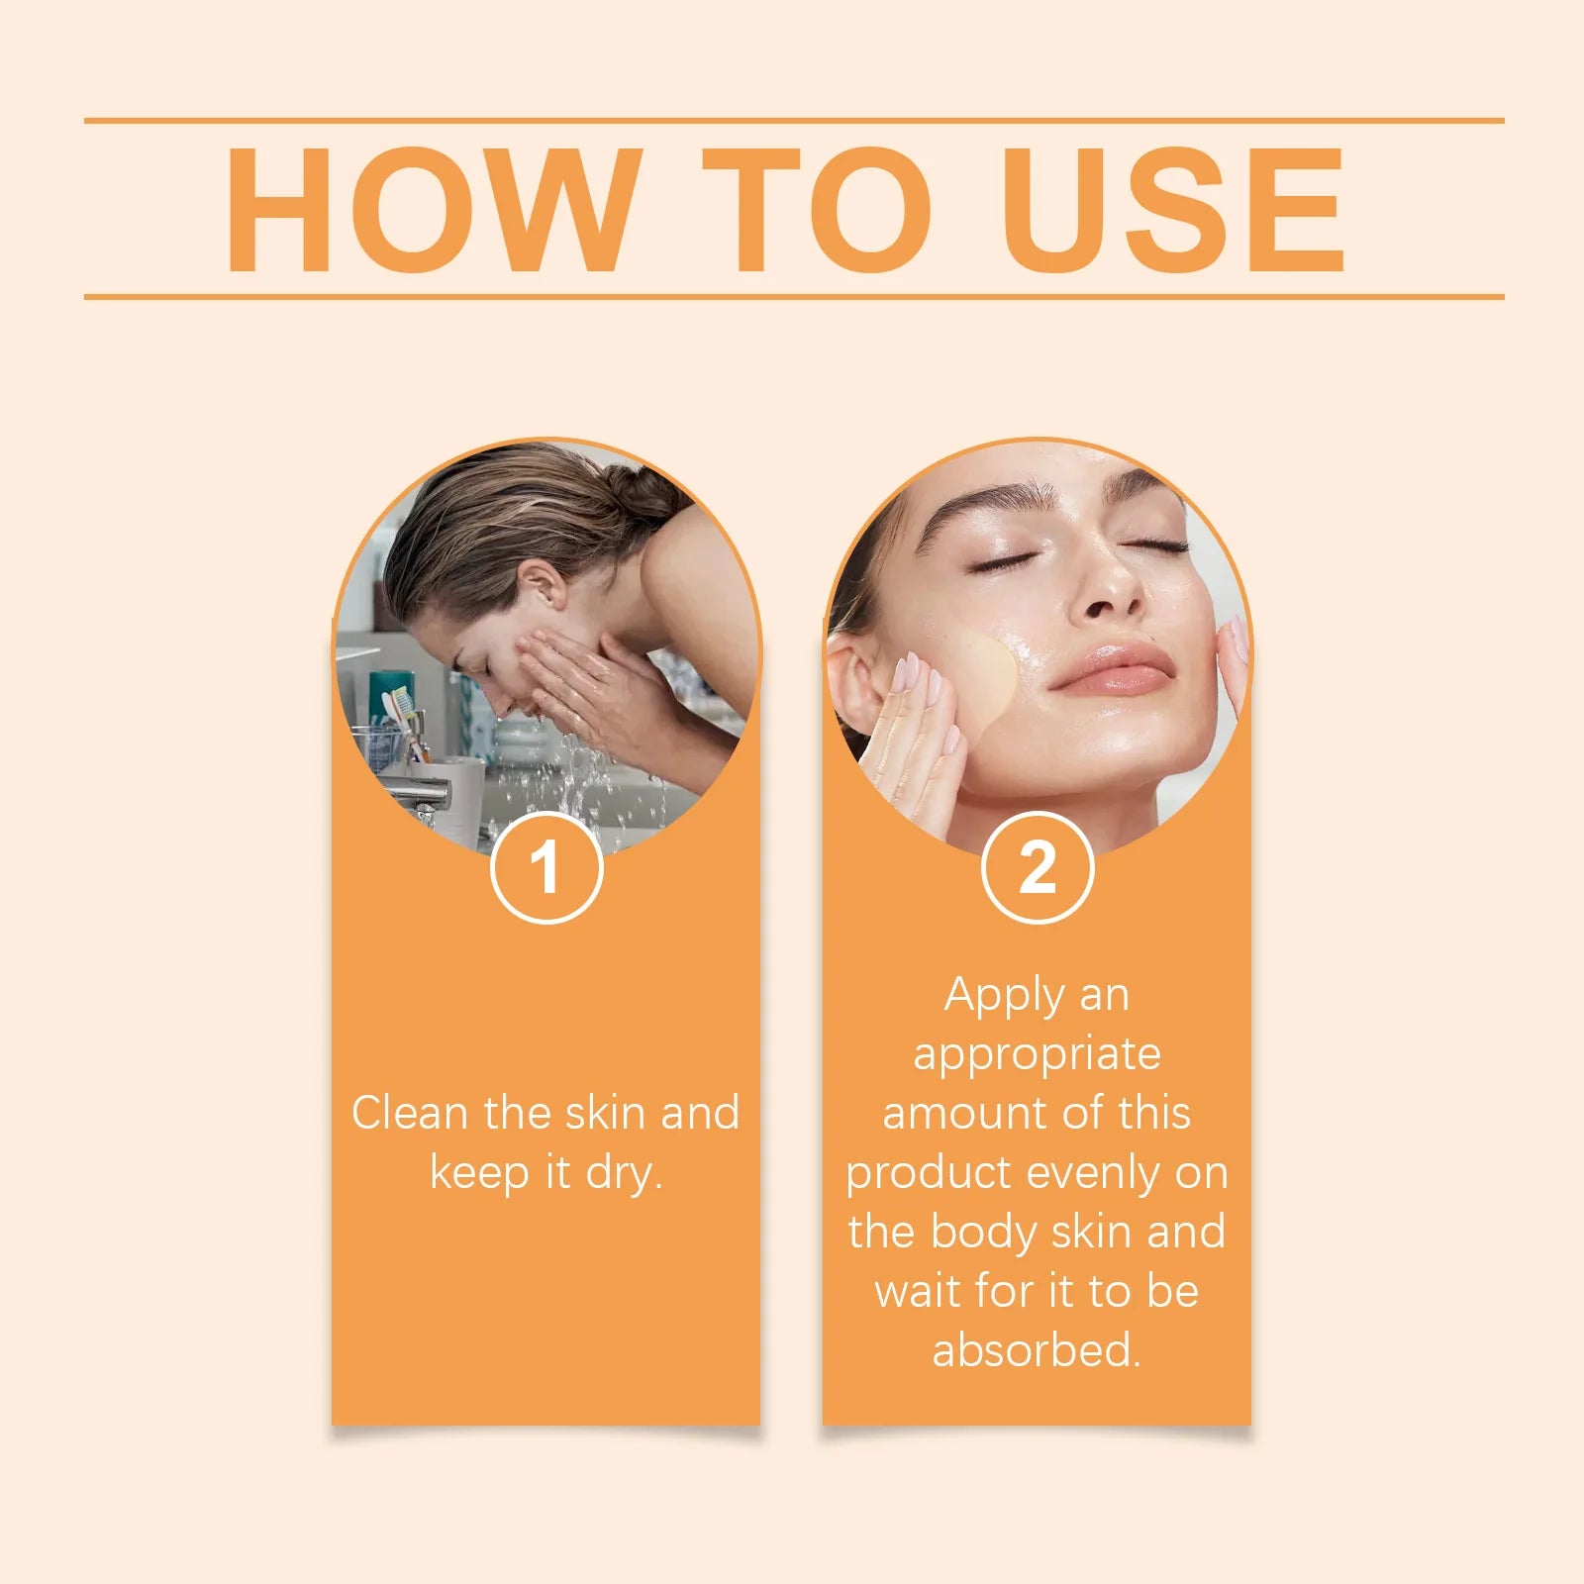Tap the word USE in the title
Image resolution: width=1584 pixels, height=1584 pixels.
(1172, 210)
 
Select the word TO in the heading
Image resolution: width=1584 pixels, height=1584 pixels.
(816, 210)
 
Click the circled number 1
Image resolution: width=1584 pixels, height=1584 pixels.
(546, 867)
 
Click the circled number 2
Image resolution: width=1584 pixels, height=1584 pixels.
(1038, 867)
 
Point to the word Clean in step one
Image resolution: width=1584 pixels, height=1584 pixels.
(410, 1113)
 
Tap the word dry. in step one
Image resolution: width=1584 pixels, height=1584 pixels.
(624, 1174)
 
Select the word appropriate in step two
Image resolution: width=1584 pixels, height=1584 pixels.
(1037, 1055)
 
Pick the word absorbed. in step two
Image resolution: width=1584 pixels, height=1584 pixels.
(1037, 1350)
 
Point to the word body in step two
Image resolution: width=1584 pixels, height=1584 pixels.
(980, 1233)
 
